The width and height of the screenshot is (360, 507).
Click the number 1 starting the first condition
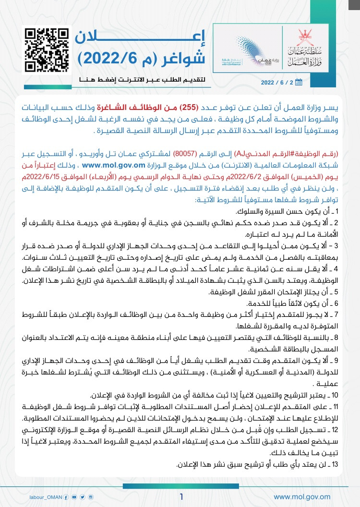pyautogui.click(x=337, y=211)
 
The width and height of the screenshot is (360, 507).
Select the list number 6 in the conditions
pyautogui.click(x=337, y=303)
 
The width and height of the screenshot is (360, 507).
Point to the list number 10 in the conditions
pyautogui.click(x=336, y=396)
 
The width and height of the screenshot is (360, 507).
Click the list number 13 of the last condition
pyautogui.click(x=336, y=465)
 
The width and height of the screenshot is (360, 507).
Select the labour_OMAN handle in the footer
pyautogui.click(x=43, y=497)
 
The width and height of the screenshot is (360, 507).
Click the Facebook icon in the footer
pyautogui.click(x=66, y=497)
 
